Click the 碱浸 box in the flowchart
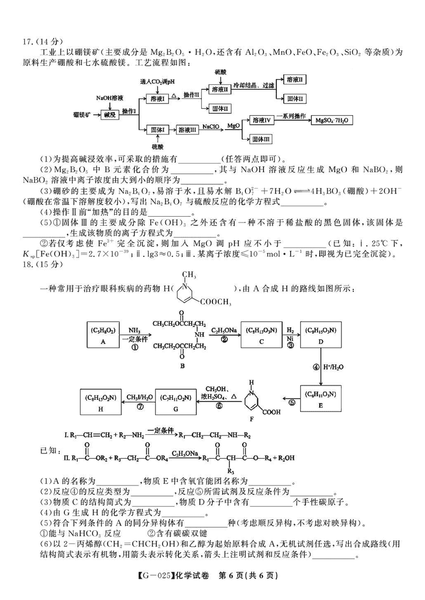[x=110, y=115]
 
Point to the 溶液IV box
[x=263, y=121]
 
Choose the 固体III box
[x=263, y=139]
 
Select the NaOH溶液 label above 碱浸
[x=110, y=98]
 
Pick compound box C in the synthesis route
[x=259, y=336]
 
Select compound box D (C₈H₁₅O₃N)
[x=321, y=336]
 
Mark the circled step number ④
[x=313, y=366]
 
